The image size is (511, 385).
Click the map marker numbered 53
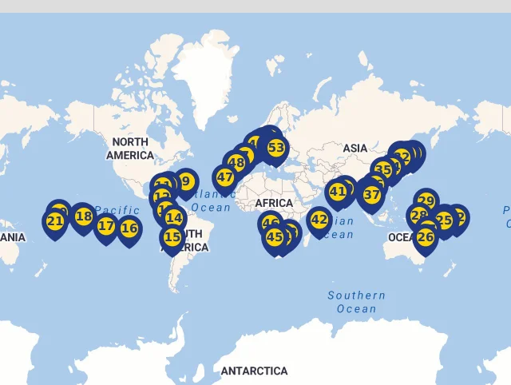tap(276, 148)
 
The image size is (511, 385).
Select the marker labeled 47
tap(225, 177)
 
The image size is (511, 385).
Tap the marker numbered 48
tap(236, 163)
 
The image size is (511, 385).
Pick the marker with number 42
tap(319, 220)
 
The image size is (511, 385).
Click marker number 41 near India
tap(338, 192)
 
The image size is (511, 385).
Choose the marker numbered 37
tap(372, 194)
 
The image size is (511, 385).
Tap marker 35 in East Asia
tap(383, 169)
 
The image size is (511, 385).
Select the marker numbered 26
tap(426, 237)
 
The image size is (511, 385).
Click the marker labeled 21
tap(55, 221)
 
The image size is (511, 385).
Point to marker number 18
tap(83, 216)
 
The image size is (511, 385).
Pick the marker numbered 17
tap(106, 226)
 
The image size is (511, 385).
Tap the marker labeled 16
tap(129, 228)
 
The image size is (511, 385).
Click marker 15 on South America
tap(172, 236)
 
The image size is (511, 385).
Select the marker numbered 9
tap(186, 181)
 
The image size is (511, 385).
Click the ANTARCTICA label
tap(254, 371)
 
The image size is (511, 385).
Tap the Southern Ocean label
tap(356, 302)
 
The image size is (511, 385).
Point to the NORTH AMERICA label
tap(129, 149)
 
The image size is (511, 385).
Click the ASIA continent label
tap(355, 149)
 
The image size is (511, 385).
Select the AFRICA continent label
tap(274, 204)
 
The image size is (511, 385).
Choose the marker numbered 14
tap(174, 217)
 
